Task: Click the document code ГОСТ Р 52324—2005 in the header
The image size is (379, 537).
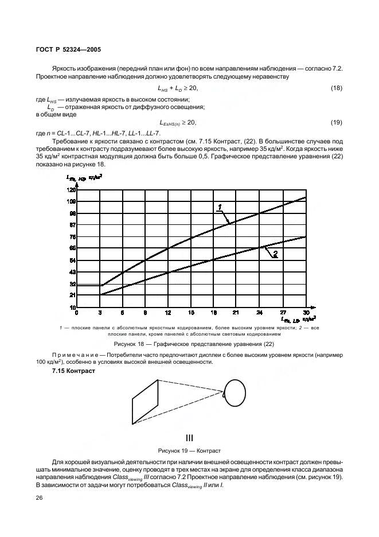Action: (x=67, y=49)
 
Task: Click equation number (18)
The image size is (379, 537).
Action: (x=337, y=88)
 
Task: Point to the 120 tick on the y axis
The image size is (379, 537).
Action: (x=72, y=189)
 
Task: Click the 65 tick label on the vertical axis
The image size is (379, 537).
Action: (x=72, y=248)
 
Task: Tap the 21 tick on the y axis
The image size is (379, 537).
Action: (x=72, y=295)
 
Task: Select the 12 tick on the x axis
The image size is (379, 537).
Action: (x=168, y=313)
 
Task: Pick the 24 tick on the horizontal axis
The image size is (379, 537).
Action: (x=260, y=313)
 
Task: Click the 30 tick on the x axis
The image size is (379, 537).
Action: (x=306, y=313)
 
